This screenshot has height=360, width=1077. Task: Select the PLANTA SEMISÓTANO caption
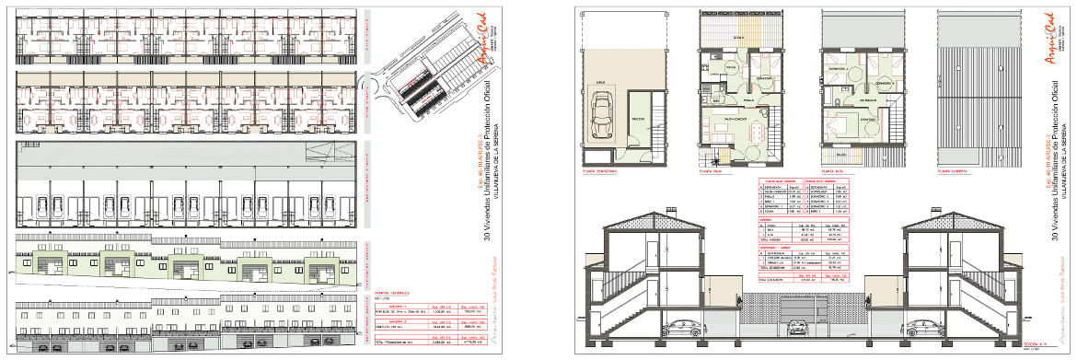point(599,170)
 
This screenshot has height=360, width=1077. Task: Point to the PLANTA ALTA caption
point(833,170)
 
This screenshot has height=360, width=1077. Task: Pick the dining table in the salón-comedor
point(756,132)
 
